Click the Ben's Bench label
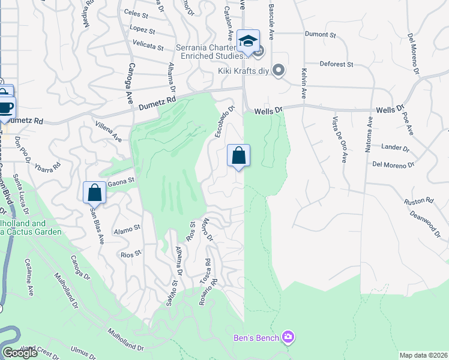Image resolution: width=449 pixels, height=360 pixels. click(x=256, y=338)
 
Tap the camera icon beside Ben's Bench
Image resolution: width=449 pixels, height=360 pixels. click(x=288, y=337)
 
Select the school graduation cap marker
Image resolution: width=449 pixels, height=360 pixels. click(x=248, y=41)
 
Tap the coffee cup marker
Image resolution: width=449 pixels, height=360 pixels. click(x=5, y=108)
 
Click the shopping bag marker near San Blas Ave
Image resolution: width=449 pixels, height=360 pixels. click(x=94, y=193)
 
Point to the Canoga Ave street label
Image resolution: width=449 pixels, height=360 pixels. click(x=129, y=83)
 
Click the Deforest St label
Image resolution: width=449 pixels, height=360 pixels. click(x=336, y=64)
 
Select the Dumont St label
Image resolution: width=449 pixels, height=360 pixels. click(x=320, y=35)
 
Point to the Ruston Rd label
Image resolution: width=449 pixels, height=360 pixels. click(x=414, y=202)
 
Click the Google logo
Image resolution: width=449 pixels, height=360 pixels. click(x=19, y=353)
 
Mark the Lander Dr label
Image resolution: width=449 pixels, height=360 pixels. click(x=395, y=147)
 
